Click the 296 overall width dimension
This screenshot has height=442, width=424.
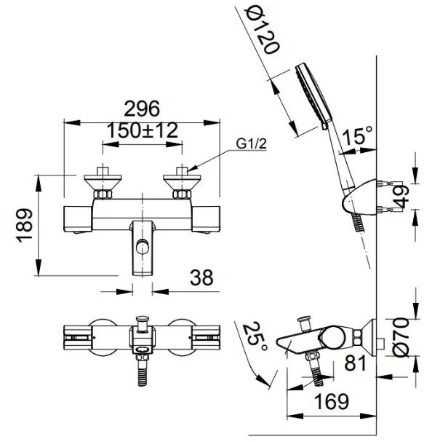pos(142,108)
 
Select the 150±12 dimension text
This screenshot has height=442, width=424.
pos(142,131)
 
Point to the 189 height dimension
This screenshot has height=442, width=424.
pos(25,228)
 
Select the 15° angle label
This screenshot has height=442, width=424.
pos(358,135)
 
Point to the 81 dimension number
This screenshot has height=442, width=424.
pos(355,362)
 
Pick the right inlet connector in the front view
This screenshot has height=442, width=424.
pos(182,185)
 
